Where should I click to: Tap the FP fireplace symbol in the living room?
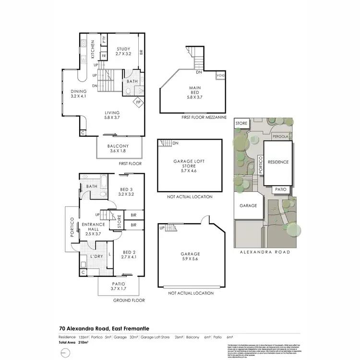click(x=138, y=102)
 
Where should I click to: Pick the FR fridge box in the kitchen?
click(x=103, y=56)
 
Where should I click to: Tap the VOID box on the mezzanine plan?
click(x=221, y=75)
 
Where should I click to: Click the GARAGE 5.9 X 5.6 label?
click(x=190, y=257)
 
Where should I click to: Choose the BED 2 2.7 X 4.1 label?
click(x=130, y=254)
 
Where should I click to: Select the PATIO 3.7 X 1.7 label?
click(x=119, y=287)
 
